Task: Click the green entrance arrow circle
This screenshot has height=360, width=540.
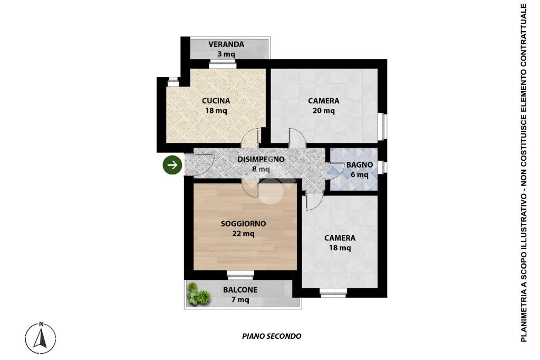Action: click(x=172, y=165)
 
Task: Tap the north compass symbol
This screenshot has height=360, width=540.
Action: click(x=41, y=338)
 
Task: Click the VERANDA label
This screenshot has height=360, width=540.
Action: click(x=226, y=44)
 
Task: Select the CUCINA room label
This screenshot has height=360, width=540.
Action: click(x=216, y=101)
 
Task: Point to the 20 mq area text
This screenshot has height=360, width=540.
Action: click(x=324, y=111)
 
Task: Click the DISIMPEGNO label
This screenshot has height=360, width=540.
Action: click(x=261, y=159)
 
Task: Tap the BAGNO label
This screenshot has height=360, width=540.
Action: click(x=360, y=165)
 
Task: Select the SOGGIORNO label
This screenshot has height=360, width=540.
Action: click(x=244, y=223)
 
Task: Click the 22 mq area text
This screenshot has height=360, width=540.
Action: click(x=244, y=233)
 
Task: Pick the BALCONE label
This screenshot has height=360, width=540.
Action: click(x=240, y=290)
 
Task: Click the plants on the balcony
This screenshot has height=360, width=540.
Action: click(x=197, y=294)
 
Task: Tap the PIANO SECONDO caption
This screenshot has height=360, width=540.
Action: click(x=272, y=336)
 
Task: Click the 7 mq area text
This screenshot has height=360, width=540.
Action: click(x=240, y=300)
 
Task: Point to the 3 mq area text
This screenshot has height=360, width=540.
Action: click(x=226, y=54)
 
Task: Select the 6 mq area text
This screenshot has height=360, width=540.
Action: click(x=360, y=175)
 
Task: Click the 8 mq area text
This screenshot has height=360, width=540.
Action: click(x=261, y=169)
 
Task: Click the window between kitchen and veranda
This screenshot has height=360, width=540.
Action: click(x=223, y=63)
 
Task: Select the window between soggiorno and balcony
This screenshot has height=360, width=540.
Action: click(x=240, y=274)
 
